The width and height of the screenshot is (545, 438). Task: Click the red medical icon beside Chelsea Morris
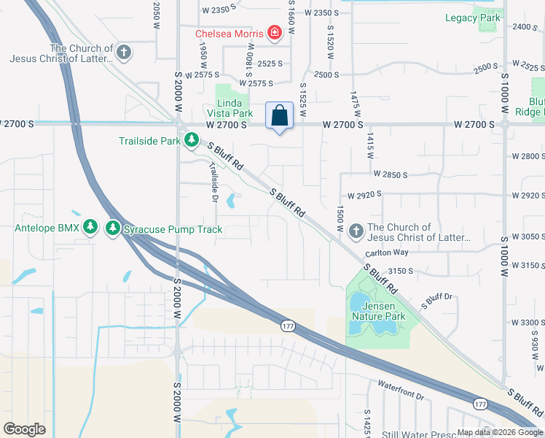[x=274, y=33]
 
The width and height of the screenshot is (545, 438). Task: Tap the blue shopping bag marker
[x=279, y=115]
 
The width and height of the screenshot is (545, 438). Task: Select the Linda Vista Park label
[x=234, y=108]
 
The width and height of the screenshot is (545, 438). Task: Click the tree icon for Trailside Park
[x=191, y=140]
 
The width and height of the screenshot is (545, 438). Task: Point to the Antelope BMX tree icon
[x=90, y=228]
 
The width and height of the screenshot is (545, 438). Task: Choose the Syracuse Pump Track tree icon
[x=112, y=228]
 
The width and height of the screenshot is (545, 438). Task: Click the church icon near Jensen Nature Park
[x=356, y=231]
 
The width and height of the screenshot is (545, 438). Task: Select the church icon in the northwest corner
[x=124, y=52]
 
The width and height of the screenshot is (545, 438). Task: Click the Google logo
[x=25, y=429]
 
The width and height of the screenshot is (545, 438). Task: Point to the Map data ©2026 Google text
[x=499, y=432]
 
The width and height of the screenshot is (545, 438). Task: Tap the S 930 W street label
[x=538, y=343]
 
